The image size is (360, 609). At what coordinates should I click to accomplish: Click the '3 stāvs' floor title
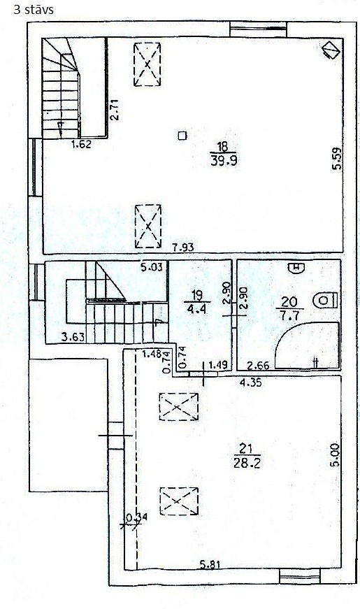(x=34, y=9)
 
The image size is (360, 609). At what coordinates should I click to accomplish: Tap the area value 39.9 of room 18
(x=224, y=160)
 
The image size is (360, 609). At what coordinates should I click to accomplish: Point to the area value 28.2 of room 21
(x=247, y=463)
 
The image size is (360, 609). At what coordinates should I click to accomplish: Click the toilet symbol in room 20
(x=326, y=301)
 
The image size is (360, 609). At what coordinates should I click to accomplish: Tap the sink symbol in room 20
(x=296, y=268)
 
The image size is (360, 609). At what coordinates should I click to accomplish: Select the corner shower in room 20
(x=307, y=345)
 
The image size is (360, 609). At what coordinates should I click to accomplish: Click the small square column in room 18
(x=182, y=136)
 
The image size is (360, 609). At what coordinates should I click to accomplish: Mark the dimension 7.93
(x=183, y=247)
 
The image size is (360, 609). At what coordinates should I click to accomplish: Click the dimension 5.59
(x=336, y=159)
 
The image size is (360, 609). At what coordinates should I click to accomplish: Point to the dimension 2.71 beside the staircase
(x=115, y=110)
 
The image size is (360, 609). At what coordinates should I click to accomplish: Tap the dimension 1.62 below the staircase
(x=81, y=145)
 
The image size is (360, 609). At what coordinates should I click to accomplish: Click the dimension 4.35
(x=251, y=382)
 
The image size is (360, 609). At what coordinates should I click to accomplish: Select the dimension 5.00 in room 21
(x=336, y=454)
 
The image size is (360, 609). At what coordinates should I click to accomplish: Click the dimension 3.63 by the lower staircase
(x=73, y=337)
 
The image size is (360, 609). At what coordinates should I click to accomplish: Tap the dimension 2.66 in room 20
(x=259, y=366)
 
